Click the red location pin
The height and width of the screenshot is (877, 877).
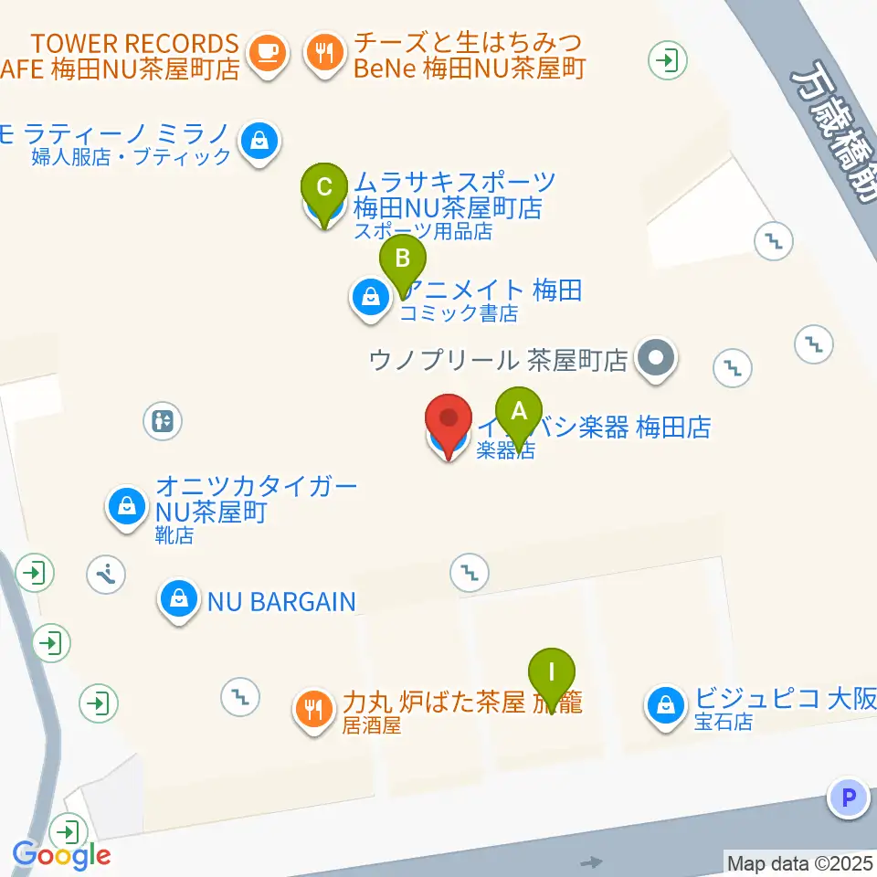pyautogui.click(x=449, y=422)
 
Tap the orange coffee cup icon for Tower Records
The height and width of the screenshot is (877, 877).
pyautogui.click(x=267, y=51)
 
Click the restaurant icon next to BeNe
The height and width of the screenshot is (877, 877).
pyautogui.click(x=323, y=51)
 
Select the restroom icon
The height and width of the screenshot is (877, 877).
pyautogui.click(x=163, y=421)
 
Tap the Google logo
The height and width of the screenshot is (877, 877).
pyautogui.click(x=61, y=856)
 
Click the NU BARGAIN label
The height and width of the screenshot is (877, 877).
pyautogui.click(x=280, y=601)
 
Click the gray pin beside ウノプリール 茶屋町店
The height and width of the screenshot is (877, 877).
pyautogui.click(x=656, y=357)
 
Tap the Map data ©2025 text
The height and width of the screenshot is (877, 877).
pyautogui.click(x=798, y=861)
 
